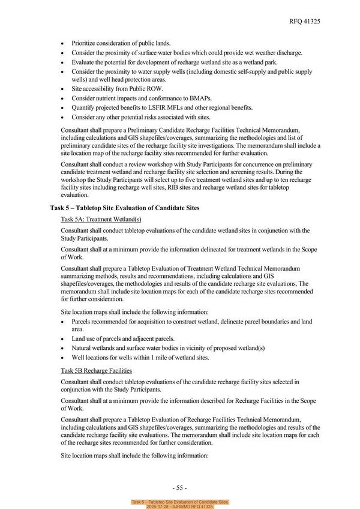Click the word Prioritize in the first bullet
[85, 43]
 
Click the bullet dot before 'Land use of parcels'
[64, 339]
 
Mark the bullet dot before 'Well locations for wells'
[64, 358]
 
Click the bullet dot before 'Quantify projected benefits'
[64, 107]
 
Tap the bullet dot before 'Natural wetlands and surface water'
[64, 349]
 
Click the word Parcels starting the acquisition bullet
[83, 322]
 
